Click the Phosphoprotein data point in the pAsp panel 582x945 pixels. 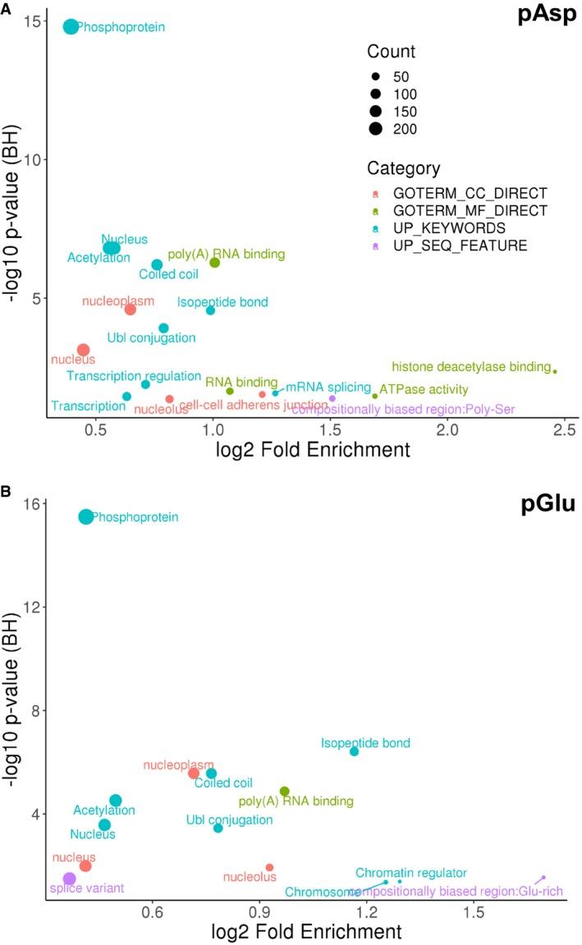pos(71,26)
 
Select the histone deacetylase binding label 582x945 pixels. pos(470,366)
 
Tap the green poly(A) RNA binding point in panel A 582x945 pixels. pos(214,263)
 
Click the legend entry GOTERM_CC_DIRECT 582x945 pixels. pos(456,193)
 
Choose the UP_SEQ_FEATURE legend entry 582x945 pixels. pos(447,245)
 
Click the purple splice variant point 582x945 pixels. pos(70,878)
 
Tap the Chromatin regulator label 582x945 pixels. pos(410,872)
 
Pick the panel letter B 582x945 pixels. pos(7,492)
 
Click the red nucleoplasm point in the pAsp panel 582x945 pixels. pos(131,310)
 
